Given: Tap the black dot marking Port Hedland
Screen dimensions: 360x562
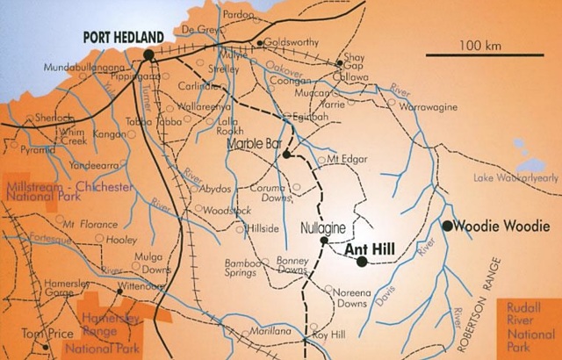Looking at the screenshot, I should pyautogui.click(x=149, y=54).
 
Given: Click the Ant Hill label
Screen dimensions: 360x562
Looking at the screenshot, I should pyautogui.click(x=368, y=249).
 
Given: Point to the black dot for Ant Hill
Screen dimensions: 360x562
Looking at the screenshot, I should pyautogui.click(x=362, y=262).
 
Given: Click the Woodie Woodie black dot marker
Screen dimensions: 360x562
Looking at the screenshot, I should pyautogui.click(x=448, y=226).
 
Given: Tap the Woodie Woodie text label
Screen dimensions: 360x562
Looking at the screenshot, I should pyautogui.click(x=502, y=226).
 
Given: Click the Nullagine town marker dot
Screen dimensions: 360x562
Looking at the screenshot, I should pyautogui.click(x=324, y=240).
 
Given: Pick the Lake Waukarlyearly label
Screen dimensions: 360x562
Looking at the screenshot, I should pyautogui.click(x=515, y=178).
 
